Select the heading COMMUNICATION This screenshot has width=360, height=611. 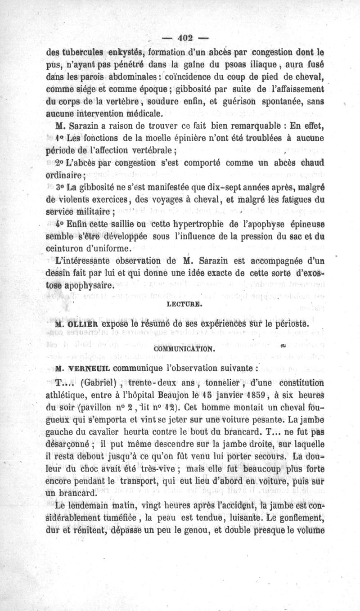pos(179,348)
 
